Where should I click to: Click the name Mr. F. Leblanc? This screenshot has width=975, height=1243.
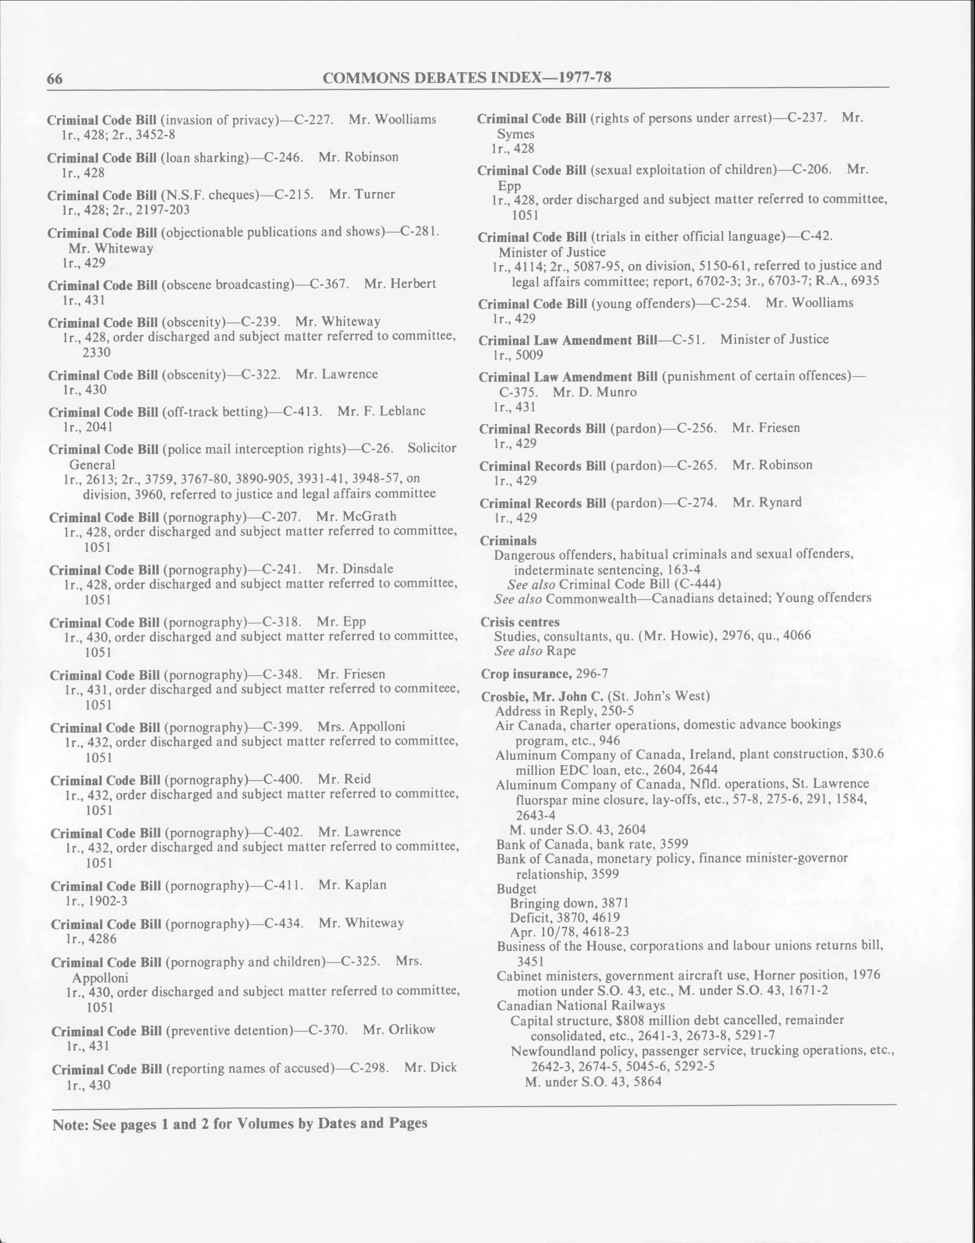[381, 411]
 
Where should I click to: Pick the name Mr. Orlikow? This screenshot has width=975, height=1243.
[398, 1029]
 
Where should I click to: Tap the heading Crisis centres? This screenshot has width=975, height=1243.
[519, 622]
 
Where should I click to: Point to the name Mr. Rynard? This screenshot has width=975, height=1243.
[767, 502]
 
